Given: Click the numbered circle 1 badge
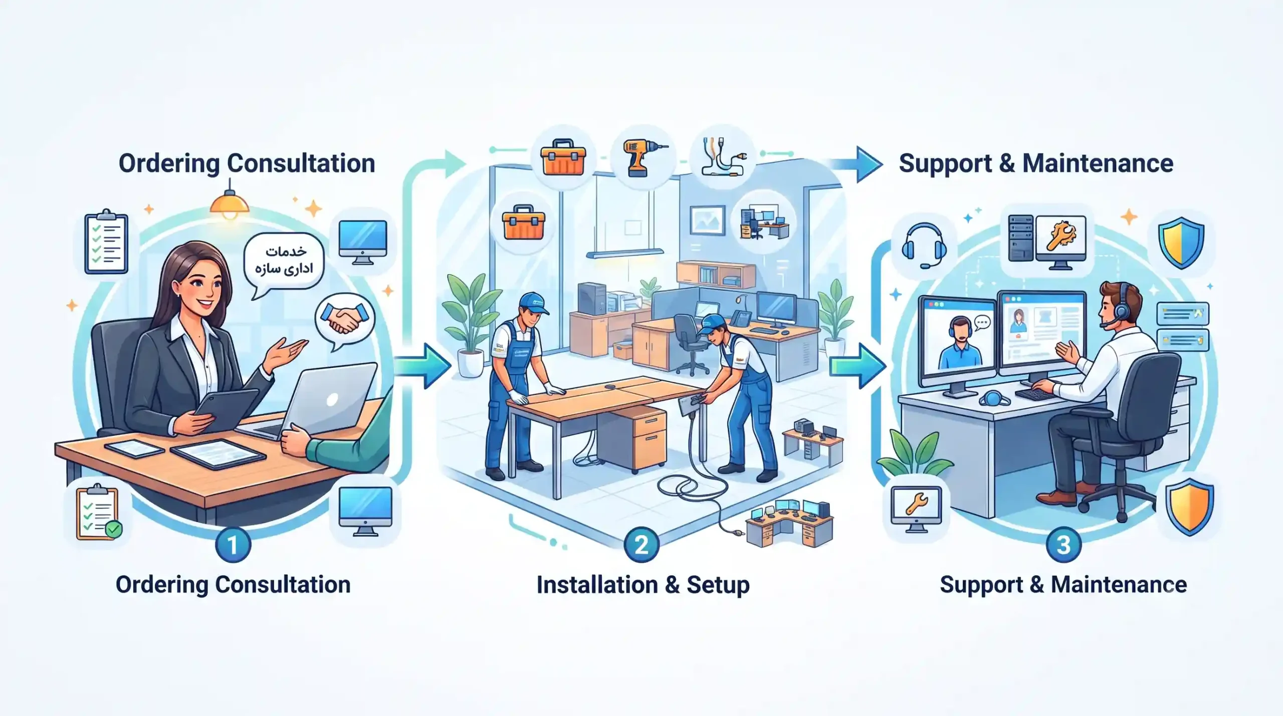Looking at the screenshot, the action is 233,545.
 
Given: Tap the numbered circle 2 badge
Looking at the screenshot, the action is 641,545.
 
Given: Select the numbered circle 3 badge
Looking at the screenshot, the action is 1063,545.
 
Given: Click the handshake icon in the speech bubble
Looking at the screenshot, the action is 344,319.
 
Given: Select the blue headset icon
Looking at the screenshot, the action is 924,246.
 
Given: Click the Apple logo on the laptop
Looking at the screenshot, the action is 332,399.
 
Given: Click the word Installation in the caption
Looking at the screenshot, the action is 596,585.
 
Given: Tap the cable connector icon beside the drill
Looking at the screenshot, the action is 723,156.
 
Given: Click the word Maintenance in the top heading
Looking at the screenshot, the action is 1098,163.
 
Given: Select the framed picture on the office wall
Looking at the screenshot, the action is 707,220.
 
